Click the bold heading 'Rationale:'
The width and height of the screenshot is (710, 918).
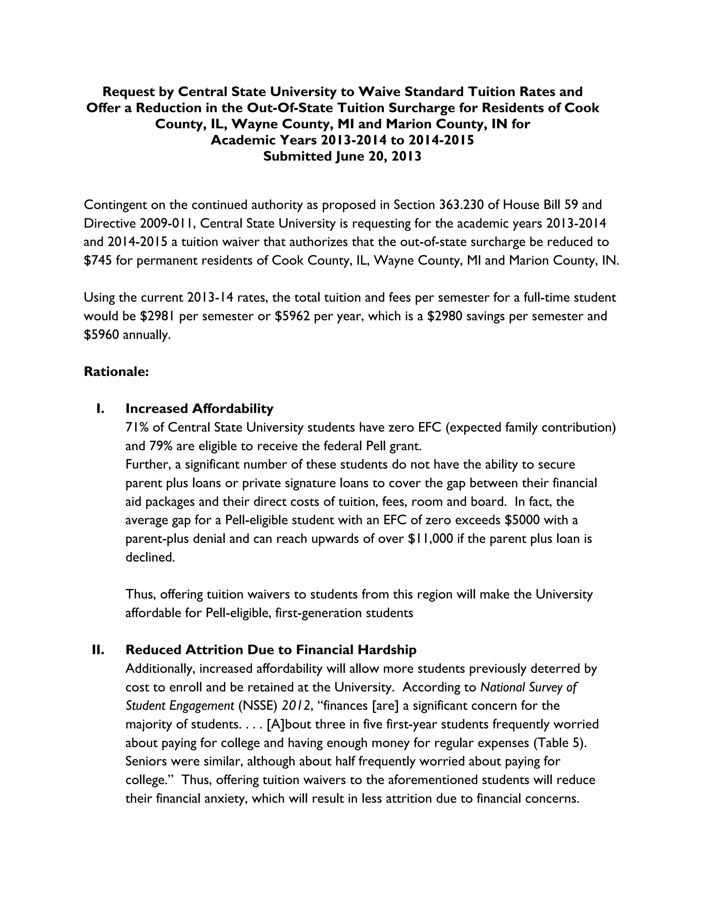(x=116, y=372)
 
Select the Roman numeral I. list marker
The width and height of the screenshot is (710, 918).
(x=101, y=408)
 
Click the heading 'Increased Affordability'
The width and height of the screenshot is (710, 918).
(x=199, y=408)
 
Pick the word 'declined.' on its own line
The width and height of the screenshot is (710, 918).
(x=150, y=557)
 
